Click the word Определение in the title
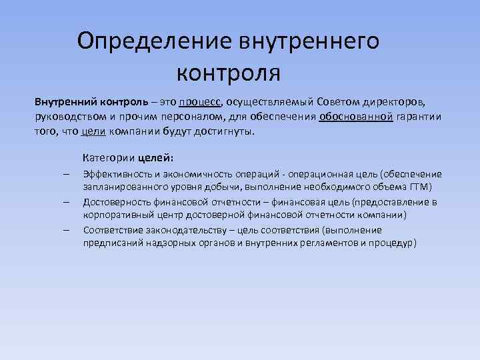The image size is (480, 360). [153, 41]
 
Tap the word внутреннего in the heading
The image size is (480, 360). [308, 41]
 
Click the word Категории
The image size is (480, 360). [109, 158]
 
